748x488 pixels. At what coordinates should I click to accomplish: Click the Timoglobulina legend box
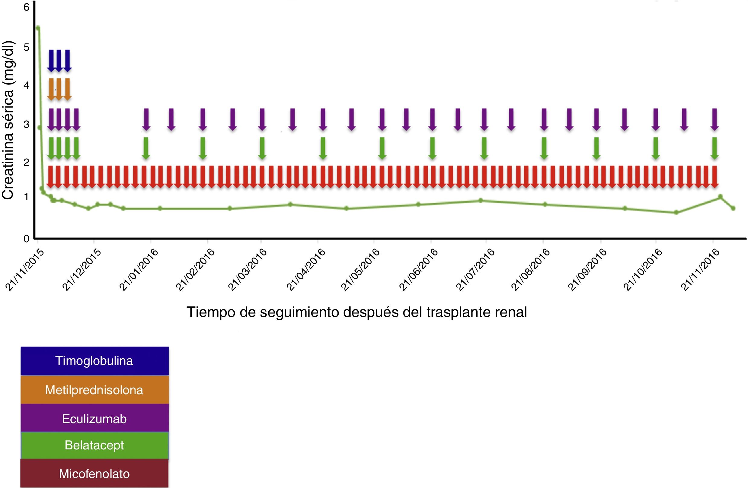click(94, 361)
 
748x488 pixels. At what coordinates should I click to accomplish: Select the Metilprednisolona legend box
click(94, 390)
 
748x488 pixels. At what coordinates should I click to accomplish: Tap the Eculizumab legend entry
click(94, 419)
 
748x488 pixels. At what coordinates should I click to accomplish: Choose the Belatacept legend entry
click(94, 445)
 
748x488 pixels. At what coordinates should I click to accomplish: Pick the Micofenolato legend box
click(94, 474)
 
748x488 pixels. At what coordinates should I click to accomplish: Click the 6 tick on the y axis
click(26, 7)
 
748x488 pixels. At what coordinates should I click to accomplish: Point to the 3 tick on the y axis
click(26, 124)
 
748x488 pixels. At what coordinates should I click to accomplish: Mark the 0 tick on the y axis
click(26, 239)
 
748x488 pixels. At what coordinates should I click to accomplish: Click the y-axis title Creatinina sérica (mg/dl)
click(8, 120)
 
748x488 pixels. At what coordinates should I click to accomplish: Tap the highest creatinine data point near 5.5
click(38, 28)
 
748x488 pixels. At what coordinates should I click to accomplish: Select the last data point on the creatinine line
click(733, 208)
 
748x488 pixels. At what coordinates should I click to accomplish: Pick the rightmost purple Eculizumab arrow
click(714, 119)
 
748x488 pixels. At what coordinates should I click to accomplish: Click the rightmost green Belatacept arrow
click(714, 148)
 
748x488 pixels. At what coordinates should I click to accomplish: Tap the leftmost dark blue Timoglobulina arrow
click(51, 61)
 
